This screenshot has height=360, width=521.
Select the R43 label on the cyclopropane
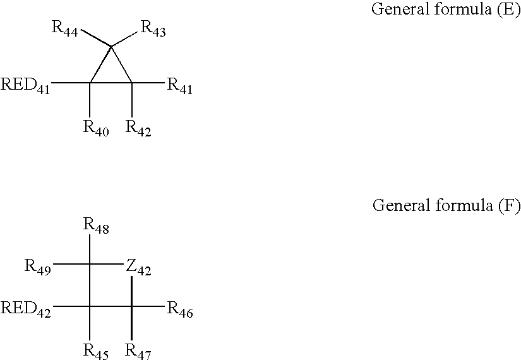coord(153,29)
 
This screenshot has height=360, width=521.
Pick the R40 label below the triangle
coord(96,128)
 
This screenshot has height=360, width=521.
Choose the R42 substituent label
coord(138,128)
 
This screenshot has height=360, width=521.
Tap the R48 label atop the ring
coord(96,225)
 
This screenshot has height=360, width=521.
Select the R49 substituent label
coord(38,266)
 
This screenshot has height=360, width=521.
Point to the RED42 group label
coord(25,308)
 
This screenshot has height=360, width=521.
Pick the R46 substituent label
coord(179,309)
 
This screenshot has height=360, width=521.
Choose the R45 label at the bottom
coord(96,350)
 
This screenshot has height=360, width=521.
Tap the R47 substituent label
coord(138,350)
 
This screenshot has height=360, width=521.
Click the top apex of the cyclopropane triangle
coord(111,46)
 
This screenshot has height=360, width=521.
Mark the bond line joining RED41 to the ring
coord(70,83)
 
